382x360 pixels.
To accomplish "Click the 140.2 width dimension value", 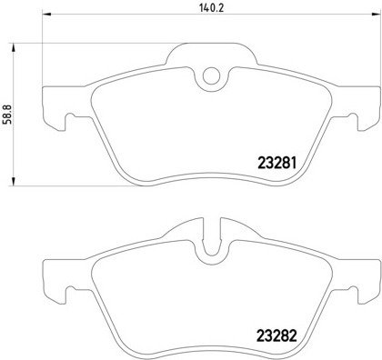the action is (211, 8).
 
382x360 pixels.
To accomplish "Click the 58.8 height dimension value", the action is (7, 115).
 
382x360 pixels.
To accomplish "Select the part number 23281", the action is (276, 164).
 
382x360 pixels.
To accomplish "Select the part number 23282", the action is (276, 335).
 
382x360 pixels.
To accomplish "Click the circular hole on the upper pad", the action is (211, 75).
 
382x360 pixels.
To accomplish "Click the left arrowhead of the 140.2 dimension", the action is (46, 15).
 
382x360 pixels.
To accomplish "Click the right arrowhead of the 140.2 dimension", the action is (376, 15).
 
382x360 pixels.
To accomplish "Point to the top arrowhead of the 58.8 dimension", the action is (13, 48).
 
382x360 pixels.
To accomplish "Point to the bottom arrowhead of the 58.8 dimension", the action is (13, 181).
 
